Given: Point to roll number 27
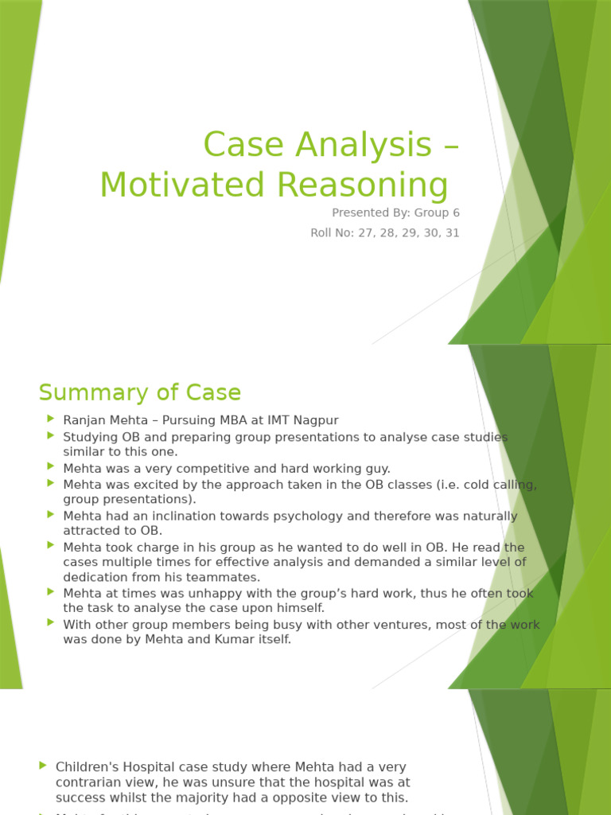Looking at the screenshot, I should pyautogui.click(x=362, y=233).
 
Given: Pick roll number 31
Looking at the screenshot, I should pyautogui.click(x=452, y=233).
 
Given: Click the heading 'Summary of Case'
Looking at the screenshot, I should pyautogui.click(x=140, y=392).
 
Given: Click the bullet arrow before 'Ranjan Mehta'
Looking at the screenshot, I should pyautogui.click(x=51, y=419).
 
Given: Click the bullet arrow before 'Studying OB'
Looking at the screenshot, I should pyautogui.click(x=51, y=435).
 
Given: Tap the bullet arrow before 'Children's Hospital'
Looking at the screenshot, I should pyautogui.click(x=43, y=766).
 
